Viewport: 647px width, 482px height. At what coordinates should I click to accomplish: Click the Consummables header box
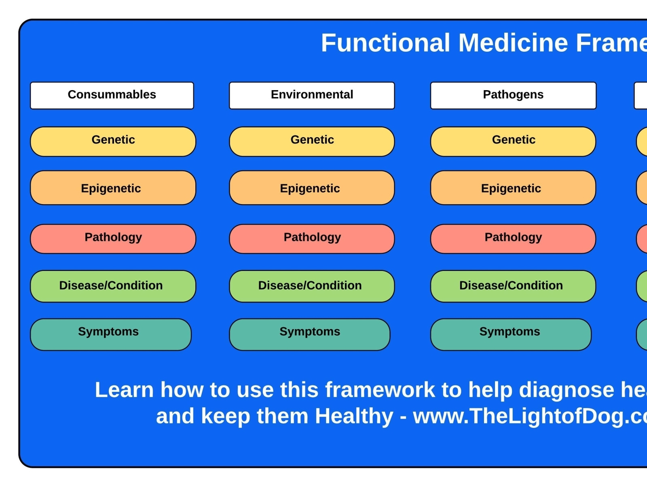pyautogui.click(x=112, y=95)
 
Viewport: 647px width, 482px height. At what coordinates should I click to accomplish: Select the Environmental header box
pyautogui.click(x=312, y=95)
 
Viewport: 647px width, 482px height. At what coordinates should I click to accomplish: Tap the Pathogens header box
pyautogui.click(x=513, y=95)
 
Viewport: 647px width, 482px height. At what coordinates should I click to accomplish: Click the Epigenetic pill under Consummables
pyautogui.click(x=113, y=188)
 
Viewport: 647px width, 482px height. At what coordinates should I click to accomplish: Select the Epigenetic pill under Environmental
pyautogui.click(x=312, y=188)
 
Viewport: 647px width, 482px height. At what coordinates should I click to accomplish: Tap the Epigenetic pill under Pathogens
pyautogui.click(x=513, y=188)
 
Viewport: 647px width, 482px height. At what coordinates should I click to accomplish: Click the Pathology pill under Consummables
pyautogui.click(x=113, y=239)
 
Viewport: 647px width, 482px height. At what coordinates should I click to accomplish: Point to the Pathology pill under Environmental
pyautogui.click(x=312, y=239)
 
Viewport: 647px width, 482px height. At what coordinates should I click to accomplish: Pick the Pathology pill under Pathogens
pyautogui.click(x=513, y=239)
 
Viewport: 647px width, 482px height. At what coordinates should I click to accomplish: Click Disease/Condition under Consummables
pyautogui.click(x=113, y=286)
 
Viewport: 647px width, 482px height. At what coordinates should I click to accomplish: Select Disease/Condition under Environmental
pyautogui.click(x=312, y=286)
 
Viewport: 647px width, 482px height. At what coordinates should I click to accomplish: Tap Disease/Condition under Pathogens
pyautogui.click(x=513, y=286)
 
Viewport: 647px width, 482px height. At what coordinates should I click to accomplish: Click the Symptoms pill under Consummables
pyautogui.click(x=110, y=334)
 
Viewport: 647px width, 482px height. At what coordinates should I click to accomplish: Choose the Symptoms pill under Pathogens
pyautogui.click(x=511, y=334)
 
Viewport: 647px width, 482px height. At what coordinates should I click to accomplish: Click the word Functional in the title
pyautogui.click(x=385, y=43)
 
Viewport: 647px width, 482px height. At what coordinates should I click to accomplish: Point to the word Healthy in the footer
pyautogui.click(x=354, y=416)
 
